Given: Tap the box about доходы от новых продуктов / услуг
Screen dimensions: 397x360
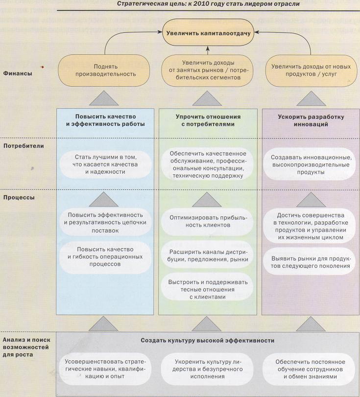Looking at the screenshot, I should (311, 70).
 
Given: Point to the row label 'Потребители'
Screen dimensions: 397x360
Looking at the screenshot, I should (24, 145).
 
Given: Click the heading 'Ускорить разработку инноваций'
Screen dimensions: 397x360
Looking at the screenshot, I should (311, 121).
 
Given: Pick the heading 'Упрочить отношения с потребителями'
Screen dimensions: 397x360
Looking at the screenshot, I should (208, 121).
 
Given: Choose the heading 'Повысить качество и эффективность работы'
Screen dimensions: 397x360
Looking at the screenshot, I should (105, 121).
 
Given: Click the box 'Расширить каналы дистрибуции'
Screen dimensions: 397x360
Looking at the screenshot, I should (208, 255).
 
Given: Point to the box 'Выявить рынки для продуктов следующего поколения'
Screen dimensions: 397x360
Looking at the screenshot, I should (311, 262).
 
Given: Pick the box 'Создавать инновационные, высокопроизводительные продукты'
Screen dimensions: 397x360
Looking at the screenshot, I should (311, 165).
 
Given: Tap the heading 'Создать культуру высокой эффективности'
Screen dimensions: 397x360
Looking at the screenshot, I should (207, 340).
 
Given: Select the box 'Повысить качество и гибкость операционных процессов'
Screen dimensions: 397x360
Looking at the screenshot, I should (105, 255).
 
